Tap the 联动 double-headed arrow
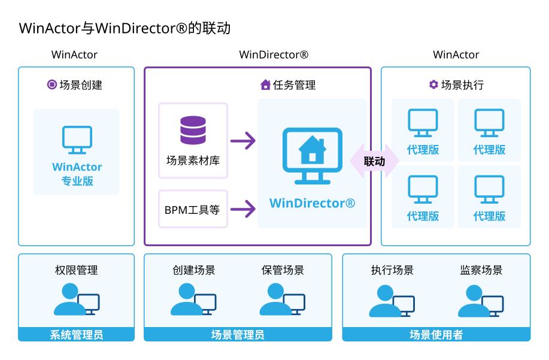pyautogui.click(x=374, y=161)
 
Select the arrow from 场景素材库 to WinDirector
pyautogui.click(x=242, y=141)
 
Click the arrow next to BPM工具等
pyautogui.click(x=242, y=209)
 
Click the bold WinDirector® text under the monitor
pyautogui.click(x=312, y=202)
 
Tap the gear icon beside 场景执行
pyautogui.click(x=433, y=84)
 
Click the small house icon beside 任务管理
pyautogui.click(x=265, y=85)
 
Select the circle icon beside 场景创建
pyautogui.click(x=51, y=84)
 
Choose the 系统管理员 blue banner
pyautogui.click(x=77, y=334)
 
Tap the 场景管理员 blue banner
pyautogui.click(x=238, y=334)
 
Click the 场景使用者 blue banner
pyautogui.click(x=436, y=334)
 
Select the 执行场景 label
pyautogui.click(x=392, y=270)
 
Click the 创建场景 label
pyautogui.click(x=193, y=270)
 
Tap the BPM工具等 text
pyautogui.click(x=192, y=210)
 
